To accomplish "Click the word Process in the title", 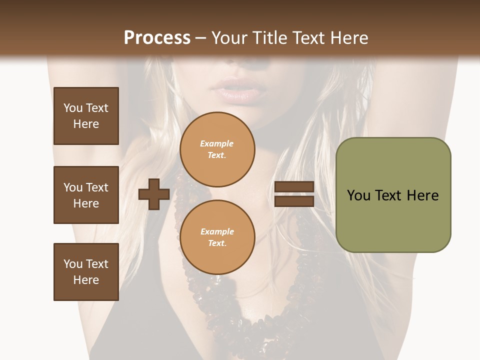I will click(x=157, y=38).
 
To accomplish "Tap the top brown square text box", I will click(x=86, y=116).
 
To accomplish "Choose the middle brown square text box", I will click(x=86, y=195).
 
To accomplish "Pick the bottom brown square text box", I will click(x=86, y=272).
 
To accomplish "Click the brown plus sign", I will click(x=154, y=194).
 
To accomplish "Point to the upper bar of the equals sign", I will click(x=294, y=187).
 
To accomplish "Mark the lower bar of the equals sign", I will click(x=294, y=201).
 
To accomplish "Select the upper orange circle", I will click(x=217, y=149).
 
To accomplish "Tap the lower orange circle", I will click(x=217, y=237).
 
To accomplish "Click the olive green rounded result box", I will click(x=393, y=195).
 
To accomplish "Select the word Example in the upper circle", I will click(x=217, y=143).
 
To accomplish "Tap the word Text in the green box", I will click(x=390, y=195).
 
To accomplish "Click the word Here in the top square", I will click(x=86, y=124).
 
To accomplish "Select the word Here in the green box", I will click(x=422, y=195).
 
